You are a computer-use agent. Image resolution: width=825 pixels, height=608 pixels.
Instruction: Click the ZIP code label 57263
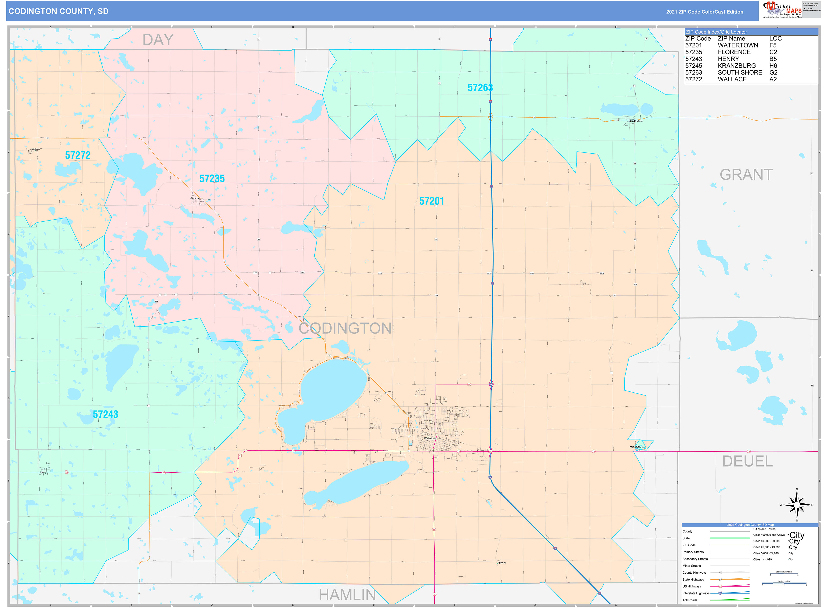480,88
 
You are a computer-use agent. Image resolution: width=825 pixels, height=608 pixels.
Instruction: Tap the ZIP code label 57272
78,155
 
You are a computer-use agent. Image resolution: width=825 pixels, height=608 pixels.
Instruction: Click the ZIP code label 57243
105,414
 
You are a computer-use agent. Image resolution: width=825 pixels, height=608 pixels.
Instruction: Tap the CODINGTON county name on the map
345,328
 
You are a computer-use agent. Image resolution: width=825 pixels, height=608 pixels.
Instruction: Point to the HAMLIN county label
347,594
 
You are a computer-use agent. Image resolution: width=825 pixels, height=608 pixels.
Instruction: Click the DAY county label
158,40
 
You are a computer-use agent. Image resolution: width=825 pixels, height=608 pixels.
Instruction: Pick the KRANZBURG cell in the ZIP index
736,65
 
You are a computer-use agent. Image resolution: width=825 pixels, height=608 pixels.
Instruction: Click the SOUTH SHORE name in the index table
740,72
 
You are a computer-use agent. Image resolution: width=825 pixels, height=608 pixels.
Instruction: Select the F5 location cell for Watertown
773,45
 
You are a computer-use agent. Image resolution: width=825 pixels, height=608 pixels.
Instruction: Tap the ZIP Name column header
731,39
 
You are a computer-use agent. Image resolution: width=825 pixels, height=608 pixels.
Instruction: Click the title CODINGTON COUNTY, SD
58,11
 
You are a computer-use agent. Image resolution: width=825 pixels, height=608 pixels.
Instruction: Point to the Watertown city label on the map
430,438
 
